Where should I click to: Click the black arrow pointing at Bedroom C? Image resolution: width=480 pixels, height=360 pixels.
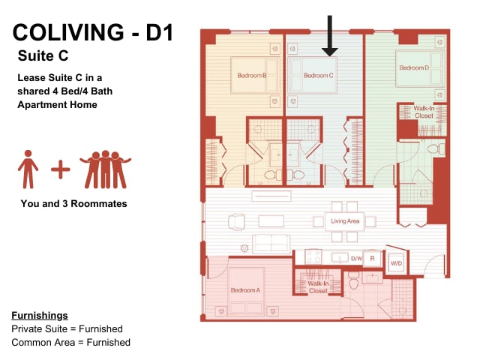tap(330, 36)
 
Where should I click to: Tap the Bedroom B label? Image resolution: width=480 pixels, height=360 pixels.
tap(252, 75)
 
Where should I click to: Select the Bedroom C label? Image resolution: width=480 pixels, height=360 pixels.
tap(318, 75)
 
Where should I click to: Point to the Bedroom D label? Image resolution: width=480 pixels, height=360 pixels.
tap(414, 67)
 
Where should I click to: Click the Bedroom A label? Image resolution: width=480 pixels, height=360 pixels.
tap(245, 290)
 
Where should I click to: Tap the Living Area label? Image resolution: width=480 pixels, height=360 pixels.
tap(345, 220)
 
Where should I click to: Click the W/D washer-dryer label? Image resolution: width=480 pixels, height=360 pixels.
tap(396, 263)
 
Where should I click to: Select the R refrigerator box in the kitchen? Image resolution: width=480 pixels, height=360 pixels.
tap(372, 259)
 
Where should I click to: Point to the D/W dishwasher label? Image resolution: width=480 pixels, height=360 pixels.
tap(356, 259)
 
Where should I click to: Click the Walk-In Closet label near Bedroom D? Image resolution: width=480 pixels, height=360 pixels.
tap(424, 112)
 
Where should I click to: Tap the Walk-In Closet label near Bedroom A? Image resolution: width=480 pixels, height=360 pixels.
tap(318, 287)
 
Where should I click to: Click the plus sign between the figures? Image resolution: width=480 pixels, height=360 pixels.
tap(60, 169)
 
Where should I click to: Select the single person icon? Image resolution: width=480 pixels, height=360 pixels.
tap(28, 169)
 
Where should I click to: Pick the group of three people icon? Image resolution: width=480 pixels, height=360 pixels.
tap(106, 169)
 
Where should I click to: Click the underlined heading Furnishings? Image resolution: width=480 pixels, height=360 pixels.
tap(40, 315)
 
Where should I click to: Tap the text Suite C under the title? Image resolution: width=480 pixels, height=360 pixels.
tap(43, 55)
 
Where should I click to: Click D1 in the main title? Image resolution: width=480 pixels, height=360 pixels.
tap(160, 32)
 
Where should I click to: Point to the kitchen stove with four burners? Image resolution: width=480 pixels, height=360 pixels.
tap(313, 256)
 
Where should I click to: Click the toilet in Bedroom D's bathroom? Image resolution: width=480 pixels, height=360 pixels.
tap(436, 149)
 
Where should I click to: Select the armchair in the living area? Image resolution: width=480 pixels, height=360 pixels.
tap(236, 222)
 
